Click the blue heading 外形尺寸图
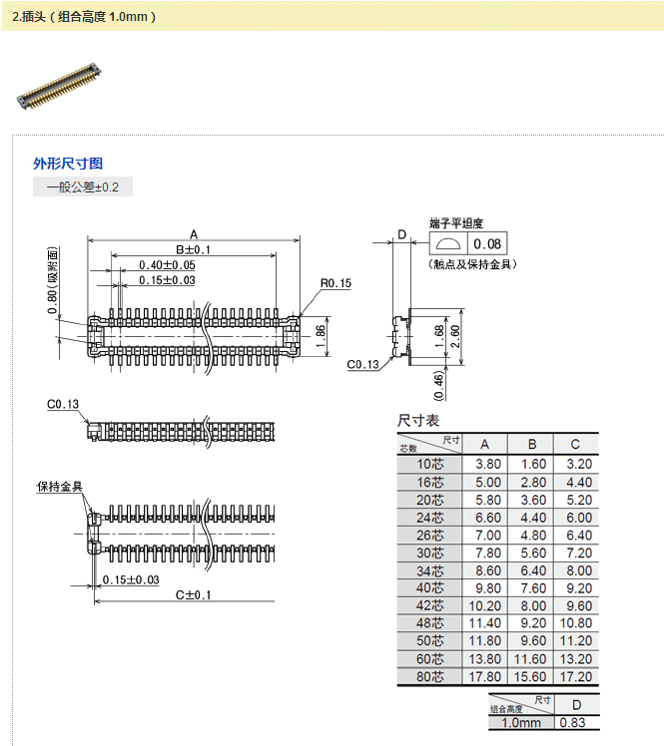[x=68, y=164]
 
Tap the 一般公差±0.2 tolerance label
[x=83, y=186]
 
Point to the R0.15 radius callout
[x=335, y=284]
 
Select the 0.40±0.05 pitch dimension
[x=167, y=264]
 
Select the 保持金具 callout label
[x=60, y=487]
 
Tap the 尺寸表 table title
[x=418, y=421]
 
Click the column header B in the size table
[x=532, y=445]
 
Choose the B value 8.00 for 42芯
[x=532, y=606]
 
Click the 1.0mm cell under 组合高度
[x=520, y=723]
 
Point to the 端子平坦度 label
[x=456, y=222]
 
